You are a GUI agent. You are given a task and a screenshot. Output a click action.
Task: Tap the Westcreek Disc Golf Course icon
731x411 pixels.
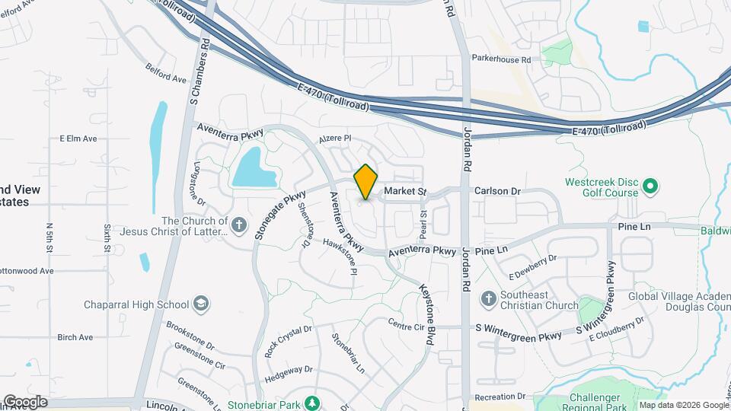coord(650,186)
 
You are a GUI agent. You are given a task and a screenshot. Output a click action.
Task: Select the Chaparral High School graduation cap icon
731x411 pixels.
coord(200,304)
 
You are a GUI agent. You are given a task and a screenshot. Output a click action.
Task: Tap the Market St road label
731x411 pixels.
coord(404,191)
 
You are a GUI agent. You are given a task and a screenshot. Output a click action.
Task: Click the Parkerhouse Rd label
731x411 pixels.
coord(500,59)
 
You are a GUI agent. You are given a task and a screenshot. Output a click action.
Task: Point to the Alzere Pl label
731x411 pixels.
coord(334,139)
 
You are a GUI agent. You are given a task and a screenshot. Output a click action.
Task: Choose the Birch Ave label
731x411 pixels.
coord(75,337)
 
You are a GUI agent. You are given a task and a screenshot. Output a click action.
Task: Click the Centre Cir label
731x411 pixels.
coord(405,326)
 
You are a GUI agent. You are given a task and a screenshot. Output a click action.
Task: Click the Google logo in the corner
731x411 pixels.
coord(24,402)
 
